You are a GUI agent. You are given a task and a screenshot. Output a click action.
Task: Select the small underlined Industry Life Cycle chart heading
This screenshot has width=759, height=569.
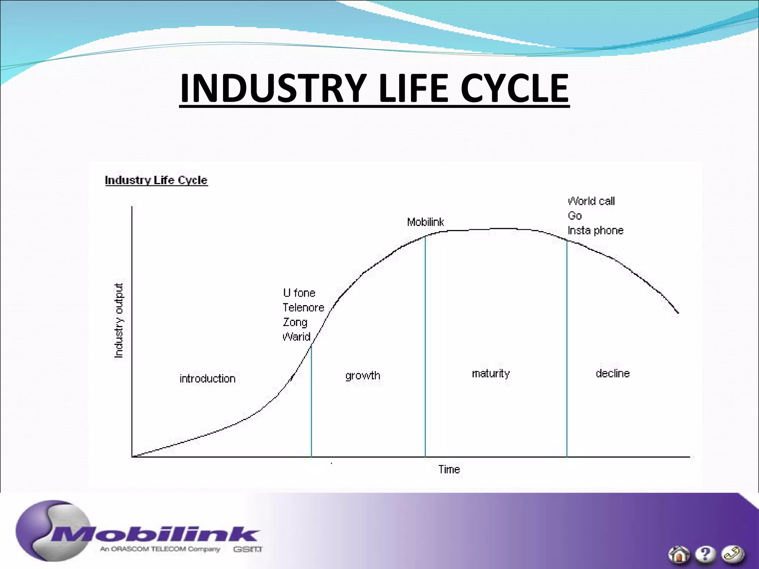click(x=156, y=180)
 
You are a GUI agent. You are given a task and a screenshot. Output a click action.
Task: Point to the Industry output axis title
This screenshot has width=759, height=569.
click(x=118, y=321)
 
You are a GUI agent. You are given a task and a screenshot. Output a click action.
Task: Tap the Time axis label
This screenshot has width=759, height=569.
click(x=449, y=469)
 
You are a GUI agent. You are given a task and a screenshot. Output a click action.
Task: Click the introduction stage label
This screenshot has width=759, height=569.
click(x=207, y=379)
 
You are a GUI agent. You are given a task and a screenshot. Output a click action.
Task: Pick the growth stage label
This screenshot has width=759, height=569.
click(x=362, y=376)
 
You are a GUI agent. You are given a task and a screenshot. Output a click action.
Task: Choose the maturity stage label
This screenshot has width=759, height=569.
click(x=491, y=373)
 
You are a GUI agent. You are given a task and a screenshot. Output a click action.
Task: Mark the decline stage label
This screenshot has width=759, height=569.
click(x=613, y=373)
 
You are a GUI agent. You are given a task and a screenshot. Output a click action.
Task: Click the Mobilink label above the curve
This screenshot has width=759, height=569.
click(x=425, y=222)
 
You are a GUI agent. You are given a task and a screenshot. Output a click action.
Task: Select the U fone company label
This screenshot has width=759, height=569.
click(x=299, y=293)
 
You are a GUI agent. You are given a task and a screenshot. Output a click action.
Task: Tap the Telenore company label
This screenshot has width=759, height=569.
click(x=303, y=307)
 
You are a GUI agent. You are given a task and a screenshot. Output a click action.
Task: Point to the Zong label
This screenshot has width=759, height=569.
click(x=295, y=322)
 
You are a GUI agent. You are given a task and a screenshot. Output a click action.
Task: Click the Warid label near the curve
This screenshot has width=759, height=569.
click(x=296, y=337)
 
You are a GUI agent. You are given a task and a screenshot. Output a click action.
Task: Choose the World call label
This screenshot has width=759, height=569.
click(x=591, y=201)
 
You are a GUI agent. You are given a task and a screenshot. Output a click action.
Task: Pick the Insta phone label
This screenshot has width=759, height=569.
click(x=596, y=230)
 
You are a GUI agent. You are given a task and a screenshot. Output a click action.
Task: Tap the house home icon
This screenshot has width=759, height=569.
click(x=679, y=555)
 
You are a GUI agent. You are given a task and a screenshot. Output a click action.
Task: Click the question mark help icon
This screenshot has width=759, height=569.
click(x=705, y=554)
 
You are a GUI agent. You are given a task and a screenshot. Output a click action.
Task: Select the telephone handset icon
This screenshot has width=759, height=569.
click(x=732, y=554)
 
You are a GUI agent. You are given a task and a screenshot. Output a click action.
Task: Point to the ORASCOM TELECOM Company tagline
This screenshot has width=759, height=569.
click(x=160, y=549)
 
